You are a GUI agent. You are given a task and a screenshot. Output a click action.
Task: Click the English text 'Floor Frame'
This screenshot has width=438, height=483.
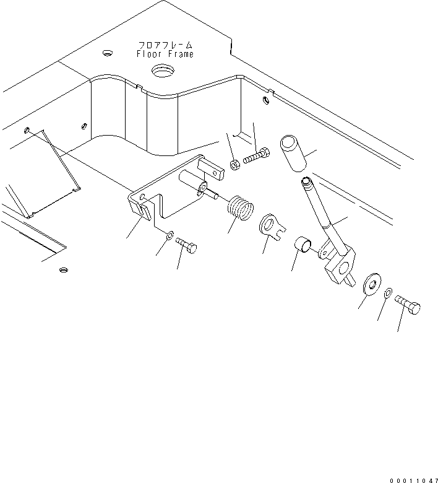[x=165, y=54]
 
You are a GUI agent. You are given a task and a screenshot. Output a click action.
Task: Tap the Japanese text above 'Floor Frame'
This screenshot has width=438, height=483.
[x=165, y=45]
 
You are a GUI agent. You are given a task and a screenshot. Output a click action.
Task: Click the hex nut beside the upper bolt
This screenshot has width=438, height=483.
[x=235, y=165]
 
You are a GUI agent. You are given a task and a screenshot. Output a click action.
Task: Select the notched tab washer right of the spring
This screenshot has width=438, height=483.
[x=270, y=225]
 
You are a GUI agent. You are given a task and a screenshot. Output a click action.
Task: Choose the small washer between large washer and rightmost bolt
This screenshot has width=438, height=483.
[x=389, y=293]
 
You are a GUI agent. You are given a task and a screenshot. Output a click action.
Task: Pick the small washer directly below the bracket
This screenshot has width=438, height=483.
[x=169, y=236]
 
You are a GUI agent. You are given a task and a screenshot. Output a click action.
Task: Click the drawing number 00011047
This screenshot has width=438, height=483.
[x=413, y=477]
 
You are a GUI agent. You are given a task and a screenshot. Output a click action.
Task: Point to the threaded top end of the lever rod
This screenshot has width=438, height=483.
[x=306, y=182]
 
